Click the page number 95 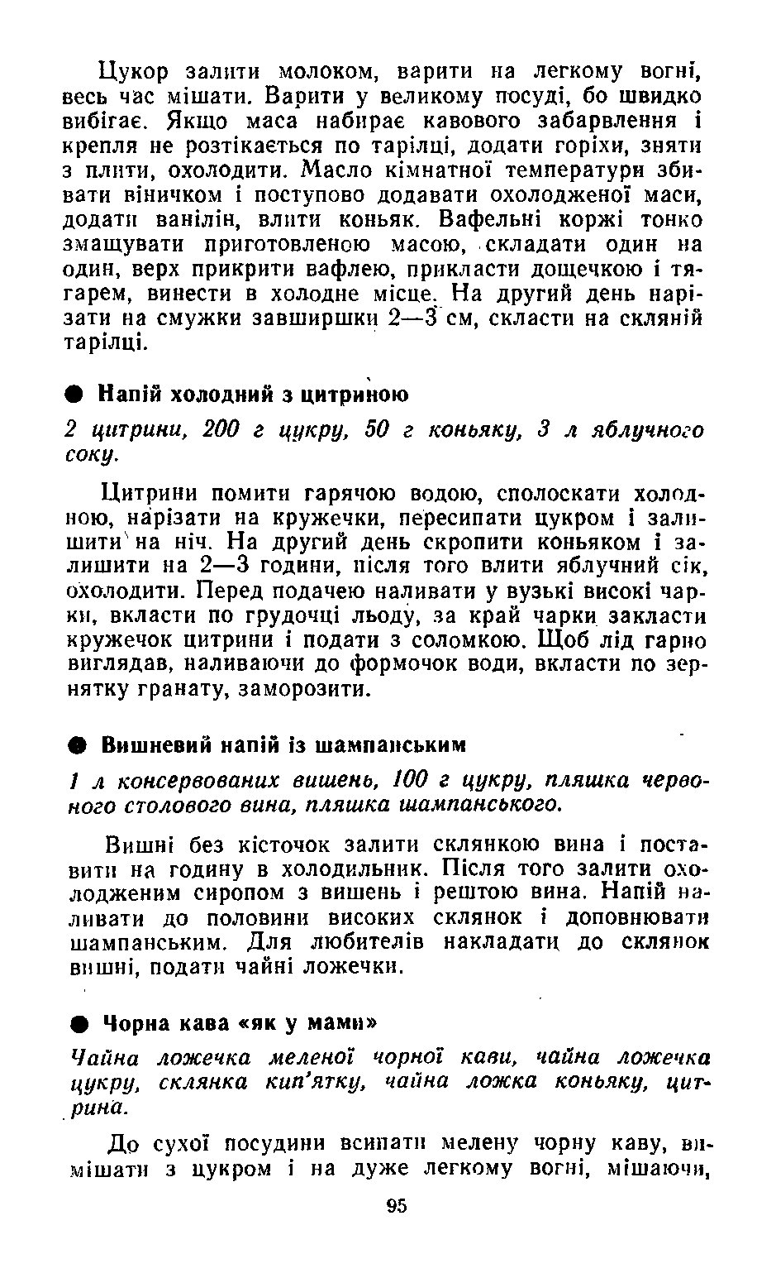coord(396,1206)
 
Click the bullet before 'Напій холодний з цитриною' coord(75,393)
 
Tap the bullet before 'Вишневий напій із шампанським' coord(75,744)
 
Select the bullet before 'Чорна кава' coord(77,1022)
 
